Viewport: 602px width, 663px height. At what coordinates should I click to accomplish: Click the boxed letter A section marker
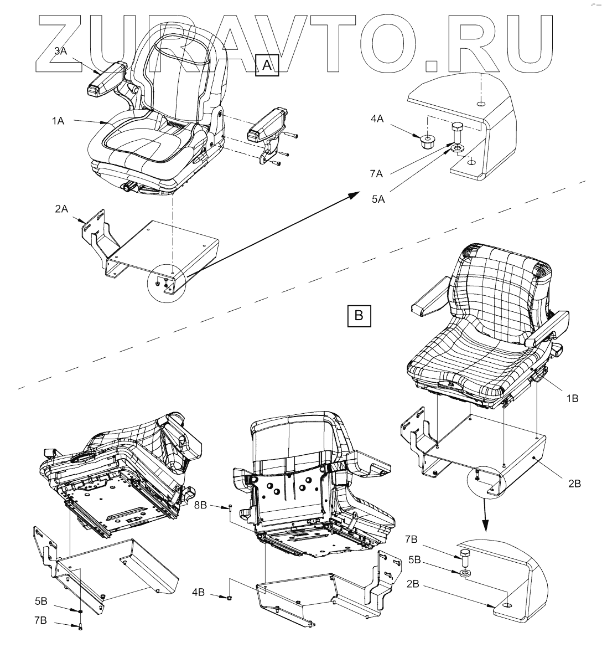coord(267,65)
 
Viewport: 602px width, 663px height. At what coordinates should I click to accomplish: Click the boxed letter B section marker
coord(359,315)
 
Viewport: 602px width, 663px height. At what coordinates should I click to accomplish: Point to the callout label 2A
coord(61,209)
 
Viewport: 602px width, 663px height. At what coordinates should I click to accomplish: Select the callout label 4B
coord(198,592)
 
